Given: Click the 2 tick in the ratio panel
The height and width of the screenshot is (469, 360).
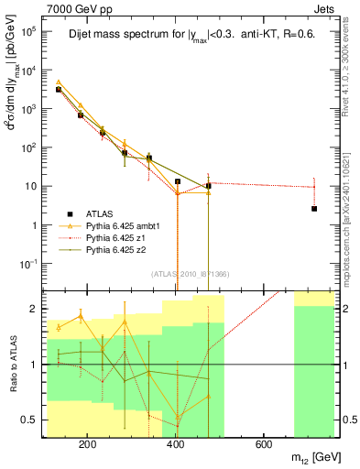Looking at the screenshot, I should tap(37, 309).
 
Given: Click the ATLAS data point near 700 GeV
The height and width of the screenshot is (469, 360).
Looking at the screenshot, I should tap(314, 209).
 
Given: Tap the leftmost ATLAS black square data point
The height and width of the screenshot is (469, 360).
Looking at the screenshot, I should tap(58, 90).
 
